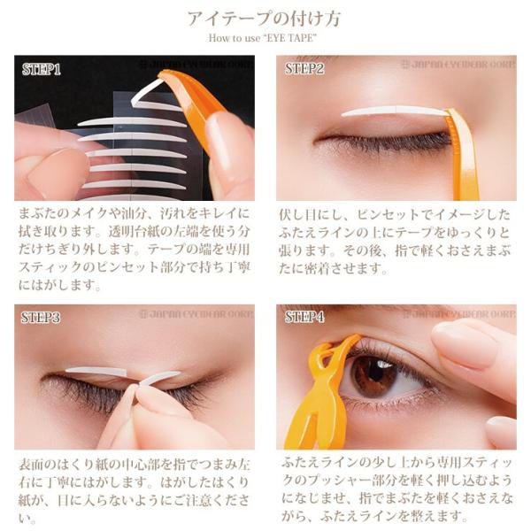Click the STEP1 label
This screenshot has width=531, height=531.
(42, 68)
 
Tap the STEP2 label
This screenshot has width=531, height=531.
(305, 68)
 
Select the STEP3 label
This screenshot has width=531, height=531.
(42, 316)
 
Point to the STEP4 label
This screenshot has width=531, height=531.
(305, 316)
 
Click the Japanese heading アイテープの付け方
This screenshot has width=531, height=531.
(265, 19)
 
